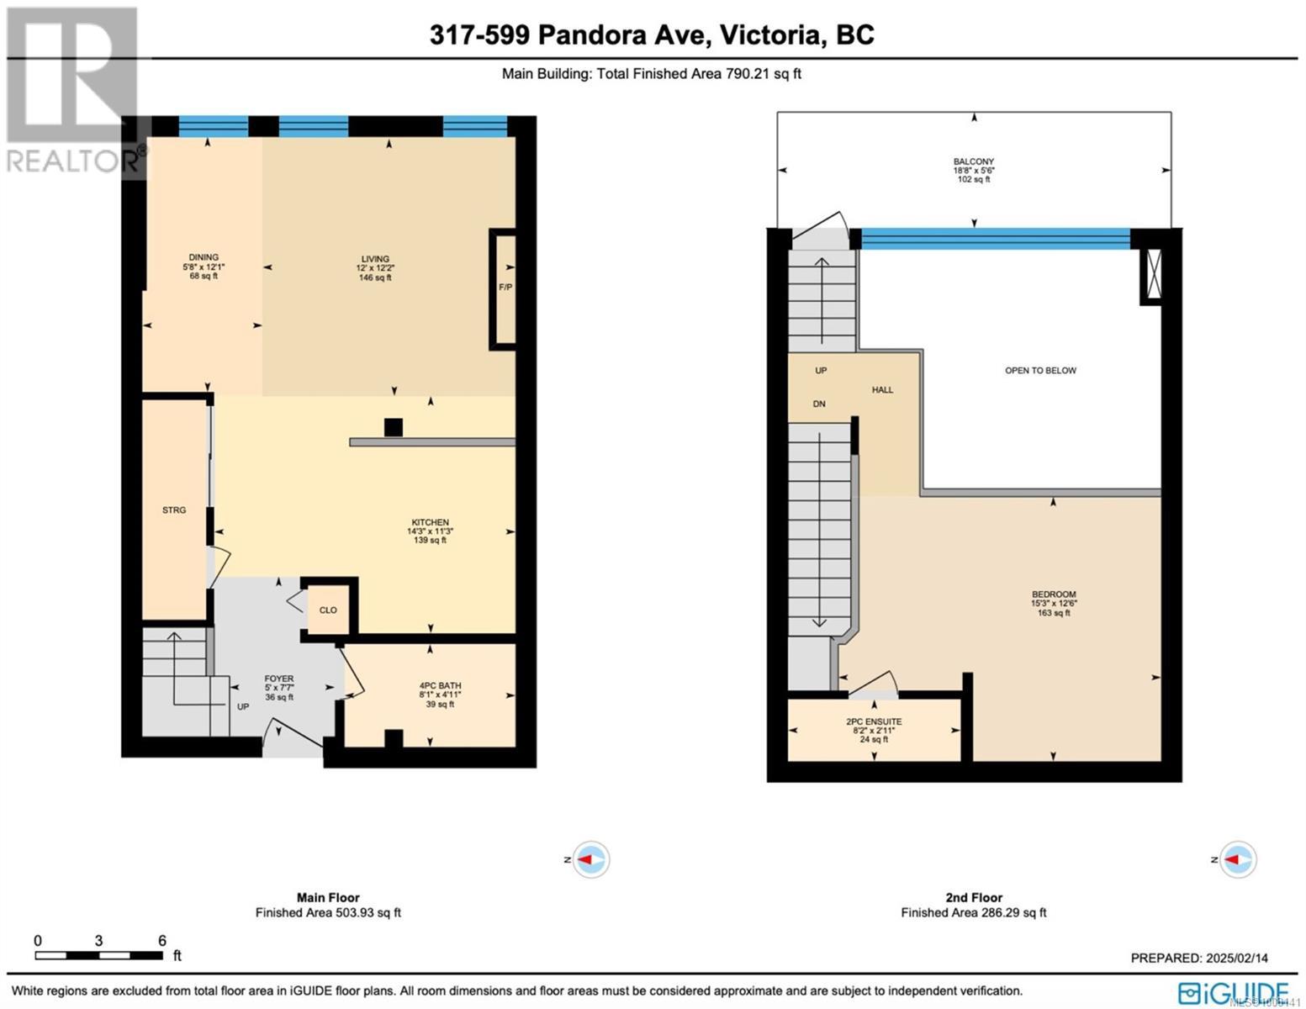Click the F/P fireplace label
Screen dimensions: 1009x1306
[x=505, y=288]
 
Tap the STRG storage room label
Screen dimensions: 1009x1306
[x=174, y=510]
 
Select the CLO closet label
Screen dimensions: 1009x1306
[x=328, y=610]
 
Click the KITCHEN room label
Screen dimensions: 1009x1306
[x=430, y=523]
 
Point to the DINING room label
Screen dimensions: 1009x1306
[x=204, y=258]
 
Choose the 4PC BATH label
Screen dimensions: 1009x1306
[x=440, y=686]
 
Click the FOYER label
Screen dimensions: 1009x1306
[x=279, y=679]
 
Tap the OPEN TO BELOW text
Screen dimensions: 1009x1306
[x=1040, y=371]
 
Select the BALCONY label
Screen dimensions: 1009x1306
[x=974, y=161]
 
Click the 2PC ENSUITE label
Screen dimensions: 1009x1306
[x=874, y=722]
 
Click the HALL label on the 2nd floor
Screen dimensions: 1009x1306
[x=882, y=390]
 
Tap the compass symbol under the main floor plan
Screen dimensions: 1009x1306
[x=590, y=859]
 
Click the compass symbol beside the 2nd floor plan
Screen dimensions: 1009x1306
[x=1236, y=859]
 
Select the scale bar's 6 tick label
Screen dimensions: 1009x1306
[x=162, y=941]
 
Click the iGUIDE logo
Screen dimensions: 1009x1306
[x=1233, y=992]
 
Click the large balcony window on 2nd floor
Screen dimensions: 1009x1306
[x=996, y=239]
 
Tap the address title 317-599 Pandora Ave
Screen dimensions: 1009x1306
[x=652, y=34]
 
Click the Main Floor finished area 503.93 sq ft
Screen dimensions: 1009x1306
[x=328, y=912]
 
